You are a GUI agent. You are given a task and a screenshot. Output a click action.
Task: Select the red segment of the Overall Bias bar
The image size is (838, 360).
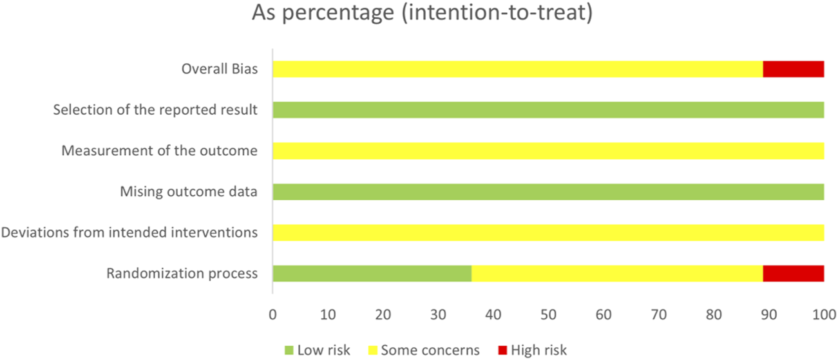tap(793, 69)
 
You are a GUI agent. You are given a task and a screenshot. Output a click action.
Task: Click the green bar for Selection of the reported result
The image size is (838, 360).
tap(548, 110)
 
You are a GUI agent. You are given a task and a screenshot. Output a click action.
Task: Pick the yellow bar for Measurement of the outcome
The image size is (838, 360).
tap(548, 151)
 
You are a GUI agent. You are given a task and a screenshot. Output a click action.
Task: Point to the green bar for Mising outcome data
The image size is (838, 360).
tap(548, 192)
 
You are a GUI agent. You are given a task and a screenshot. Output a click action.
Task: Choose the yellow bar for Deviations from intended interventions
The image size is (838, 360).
tap(548, 232)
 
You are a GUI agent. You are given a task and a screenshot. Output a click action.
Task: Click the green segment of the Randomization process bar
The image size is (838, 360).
tap(372, 274)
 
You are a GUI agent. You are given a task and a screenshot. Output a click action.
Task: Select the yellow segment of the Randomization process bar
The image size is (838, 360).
tap(617, 274)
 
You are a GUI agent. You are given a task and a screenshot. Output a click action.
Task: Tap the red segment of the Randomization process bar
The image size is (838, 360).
tap(793, 274)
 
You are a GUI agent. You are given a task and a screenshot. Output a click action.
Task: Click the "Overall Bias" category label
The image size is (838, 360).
tap(220, 70)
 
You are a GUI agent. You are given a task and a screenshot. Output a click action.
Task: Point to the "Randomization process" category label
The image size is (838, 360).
tap(182, 274)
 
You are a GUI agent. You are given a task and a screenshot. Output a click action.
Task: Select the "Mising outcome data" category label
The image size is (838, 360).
tap(189, 192)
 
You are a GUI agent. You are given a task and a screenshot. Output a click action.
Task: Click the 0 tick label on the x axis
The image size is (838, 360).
tap(272, 316)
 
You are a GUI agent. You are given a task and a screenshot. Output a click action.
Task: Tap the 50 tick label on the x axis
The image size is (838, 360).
tap(548, 316)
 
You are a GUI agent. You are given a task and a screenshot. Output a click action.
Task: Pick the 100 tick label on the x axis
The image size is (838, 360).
tap(823, 316)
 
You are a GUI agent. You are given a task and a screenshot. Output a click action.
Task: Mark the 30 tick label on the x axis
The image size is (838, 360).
tap(438, 316)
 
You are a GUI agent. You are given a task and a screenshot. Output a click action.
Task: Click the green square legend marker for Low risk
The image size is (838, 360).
tap(288, 350)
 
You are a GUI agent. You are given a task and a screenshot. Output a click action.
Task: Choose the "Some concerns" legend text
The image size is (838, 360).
tap(430, 350)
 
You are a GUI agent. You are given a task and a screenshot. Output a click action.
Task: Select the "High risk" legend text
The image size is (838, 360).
tap(539, 350)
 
